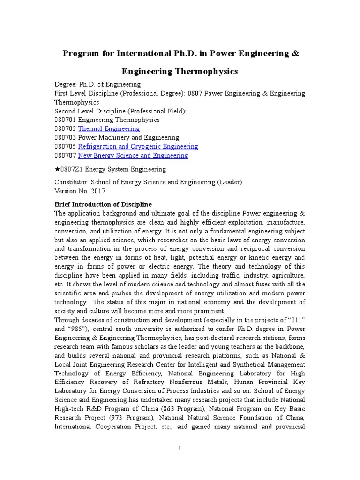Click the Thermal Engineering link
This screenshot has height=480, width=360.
pyautogui.click(x=109, y=128)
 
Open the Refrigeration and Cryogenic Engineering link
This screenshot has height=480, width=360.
pyautogui.click(x=138, y=146)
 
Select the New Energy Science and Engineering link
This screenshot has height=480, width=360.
pyautogui.click(x=133, y=155)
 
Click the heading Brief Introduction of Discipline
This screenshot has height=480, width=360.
pyautogui.click(x=103, y=205)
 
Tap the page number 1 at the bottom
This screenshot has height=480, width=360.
pyautogui.click(x=180, y=449)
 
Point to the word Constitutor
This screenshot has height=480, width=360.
pyautogui.click(x=71, y=182)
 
